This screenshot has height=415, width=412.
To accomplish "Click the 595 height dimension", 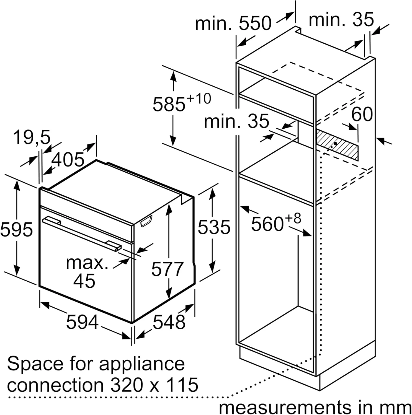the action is [17, 230].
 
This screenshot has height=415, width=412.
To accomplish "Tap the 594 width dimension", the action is [82, 322].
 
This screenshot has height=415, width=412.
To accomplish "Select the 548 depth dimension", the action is [169, 322].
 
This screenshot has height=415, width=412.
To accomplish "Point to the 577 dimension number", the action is [167, 269].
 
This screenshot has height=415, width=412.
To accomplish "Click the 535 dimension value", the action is [214, 227].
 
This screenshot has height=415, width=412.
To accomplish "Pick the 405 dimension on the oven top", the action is [68, 160].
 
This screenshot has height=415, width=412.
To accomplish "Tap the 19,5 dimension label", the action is [32, 138].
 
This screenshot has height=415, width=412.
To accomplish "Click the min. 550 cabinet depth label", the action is [233, 23].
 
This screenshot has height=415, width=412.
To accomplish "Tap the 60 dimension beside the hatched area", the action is [362, 114].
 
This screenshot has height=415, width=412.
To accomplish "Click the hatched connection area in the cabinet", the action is [337, 143].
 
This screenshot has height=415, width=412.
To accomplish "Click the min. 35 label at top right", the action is [341, 20].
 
